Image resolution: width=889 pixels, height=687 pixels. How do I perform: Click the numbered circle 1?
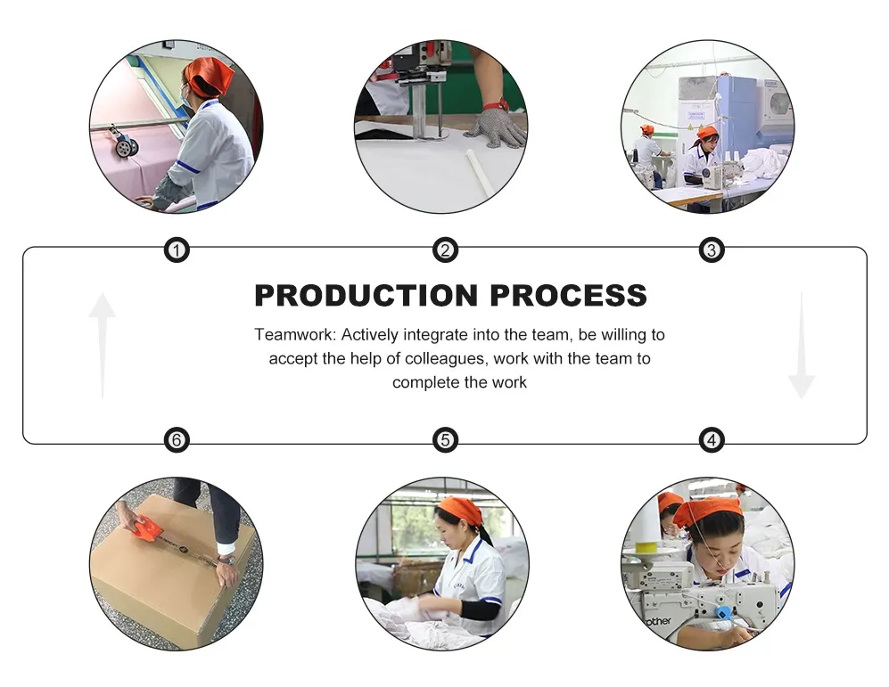pos(177,249)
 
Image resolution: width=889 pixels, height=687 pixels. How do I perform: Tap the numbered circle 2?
pos(445,249)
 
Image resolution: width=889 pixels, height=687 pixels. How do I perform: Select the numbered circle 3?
pos(712,249)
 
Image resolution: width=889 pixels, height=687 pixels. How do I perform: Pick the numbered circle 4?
pos(712,440)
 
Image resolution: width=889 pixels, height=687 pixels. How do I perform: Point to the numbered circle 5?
pos(445,440)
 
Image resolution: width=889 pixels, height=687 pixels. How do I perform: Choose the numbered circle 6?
pos(177,440)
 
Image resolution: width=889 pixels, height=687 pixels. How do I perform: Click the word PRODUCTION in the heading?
pos(366,295)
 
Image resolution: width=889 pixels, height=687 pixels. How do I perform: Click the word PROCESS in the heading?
pos(568,295)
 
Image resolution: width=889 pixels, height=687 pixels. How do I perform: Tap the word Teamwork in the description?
pos(295,335)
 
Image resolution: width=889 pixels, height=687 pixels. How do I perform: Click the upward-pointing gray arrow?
pos(102,346)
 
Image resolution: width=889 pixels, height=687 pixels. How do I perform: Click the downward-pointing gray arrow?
pos(802,346)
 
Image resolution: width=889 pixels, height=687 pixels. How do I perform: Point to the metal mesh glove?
pos(494,127)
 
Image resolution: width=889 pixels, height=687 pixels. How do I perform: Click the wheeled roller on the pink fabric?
pos(125,143)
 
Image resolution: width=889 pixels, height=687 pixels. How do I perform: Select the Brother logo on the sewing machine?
pos(658,621)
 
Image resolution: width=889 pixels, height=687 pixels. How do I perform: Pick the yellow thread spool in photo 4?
pos(646,548)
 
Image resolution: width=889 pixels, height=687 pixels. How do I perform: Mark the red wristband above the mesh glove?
pos(496,105)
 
